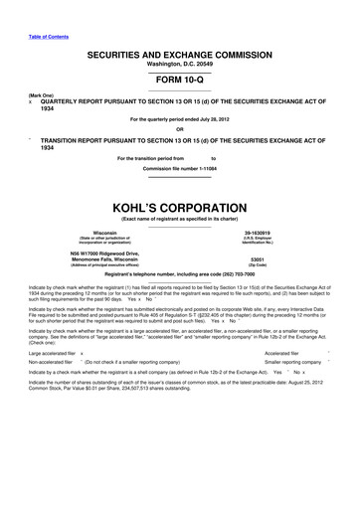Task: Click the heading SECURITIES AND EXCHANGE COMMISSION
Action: tap(179, 51)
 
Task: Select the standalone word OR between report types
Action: tap(179, 129)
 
